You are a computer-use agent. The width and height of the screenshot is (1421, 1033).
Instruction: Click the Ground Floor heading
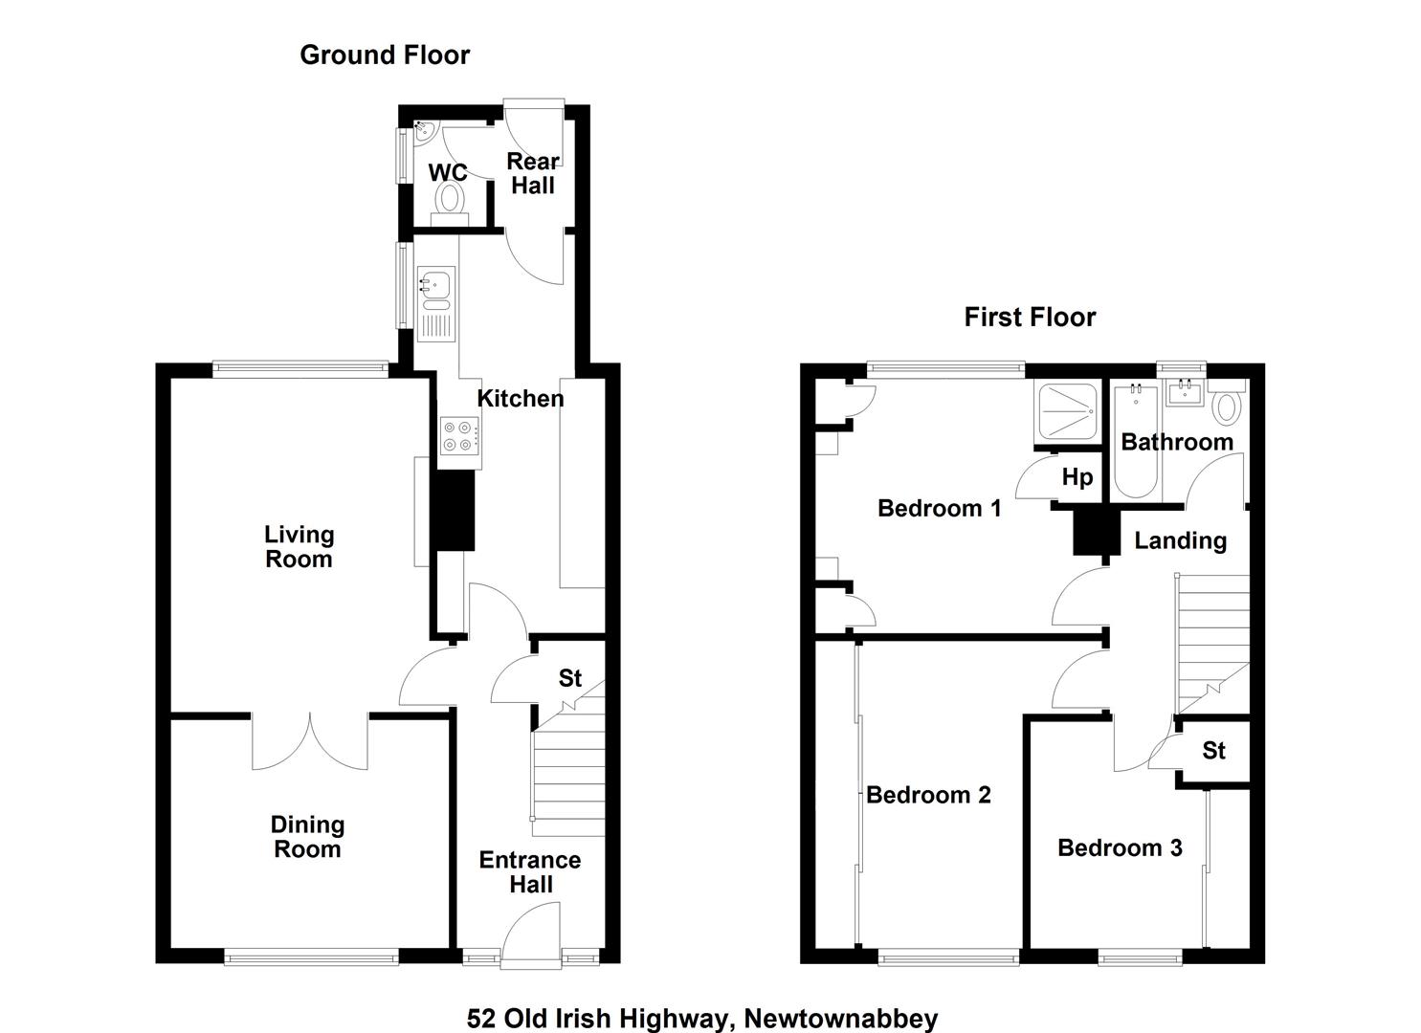pos(385,55)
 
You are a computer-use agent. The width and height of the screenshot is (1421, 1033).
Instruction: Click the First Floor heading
pos(1030,317)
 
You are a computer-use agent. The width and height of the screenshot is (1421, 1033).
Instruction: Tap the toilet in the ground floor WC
pos(450,203)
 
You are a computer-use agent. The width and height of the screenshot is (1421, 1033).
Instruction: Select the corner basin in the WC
pos(424,131)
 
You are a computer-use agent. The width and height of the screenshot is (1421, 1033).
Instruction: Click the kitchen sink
pos(435,304)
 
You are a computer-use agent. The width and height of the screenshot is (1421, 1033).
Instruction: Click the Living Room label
pos(299,546)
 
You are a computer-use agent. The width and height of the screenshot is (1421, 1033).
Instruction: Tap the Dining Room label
pos(308,836)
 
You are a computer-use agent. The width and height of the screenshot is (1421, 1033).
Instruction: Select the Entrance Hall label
pos(530,872)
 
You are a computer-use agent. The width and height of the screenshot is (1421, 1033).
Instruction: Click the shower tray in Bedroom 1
pos(1068,411)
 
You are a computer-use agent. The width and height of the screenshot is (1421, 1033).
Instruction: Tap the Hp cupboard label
pos(1077,476)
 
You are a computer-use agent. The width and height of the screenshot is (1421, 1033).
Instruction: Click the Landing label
pos(1180,541)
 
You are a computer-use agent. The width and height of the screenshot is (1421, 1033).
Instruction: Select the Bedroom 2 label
pos(928,795)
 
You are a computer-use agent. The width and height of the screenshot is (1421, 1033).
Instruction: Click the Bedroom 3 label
pos(1120,847)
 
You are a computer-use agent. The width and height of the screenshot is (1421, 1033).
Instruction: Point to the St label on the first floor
pos(1213,751)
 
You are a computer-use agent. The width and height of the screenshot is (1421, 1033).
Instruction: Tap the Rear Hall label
pos(533,173)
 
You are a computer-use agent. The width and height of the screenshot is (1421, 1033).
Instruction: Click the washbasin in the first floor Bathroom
pos(1185,392)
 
